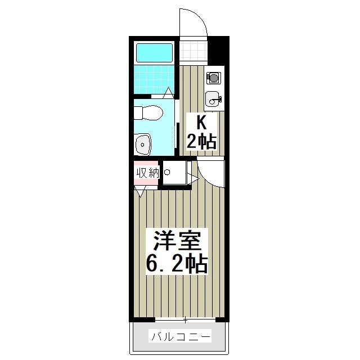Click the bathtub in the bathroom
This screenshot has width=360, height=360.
coord(154,52)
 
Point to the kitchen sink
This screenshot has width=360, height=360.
coord(213,100)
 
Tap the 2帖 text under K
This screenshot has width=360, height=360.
coord(201,141)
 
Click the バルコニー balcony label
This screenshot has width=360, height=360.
coord(180,337)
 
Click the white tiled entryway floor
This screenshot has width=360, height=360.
coord(193,52)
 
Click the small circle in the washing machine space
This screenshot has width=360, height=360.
coord(167,172)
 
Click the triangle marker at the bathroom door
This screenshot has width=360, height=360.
coord(169,94)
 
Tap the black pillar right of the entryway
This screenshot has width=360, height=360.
coord(218,51)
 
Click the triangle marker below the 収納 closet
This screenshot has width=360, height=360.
coord(141,192)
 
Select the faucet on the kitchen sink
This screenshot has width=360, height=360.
coord(219,100)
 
